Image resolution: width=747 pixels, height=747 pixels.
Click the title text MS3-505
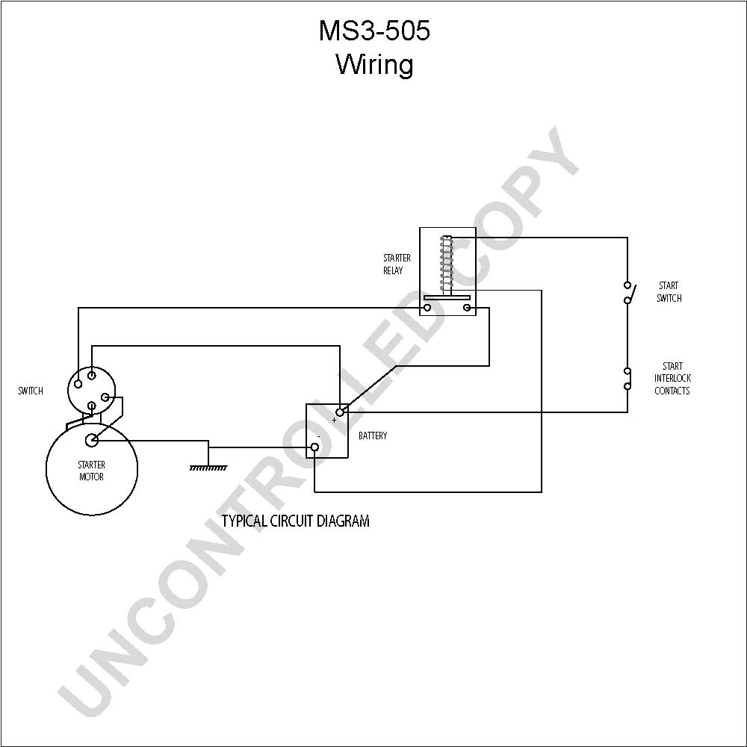coord(374,31)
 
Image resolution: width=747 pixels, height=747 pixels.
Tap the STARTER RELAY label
coord(397,264)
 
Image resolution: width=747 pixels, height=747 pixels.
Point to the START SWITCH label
coord(669,291)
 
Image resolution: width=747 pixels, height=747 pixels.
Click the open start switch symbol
coord(628,293)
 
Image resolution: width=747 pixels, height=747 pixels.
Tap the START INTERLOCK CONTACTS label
coord(672,378)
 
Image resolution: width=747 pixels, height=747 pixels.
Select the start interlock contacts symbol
coord(628,378)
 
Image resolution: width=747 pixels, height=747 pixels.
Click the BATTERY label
coord(373,436)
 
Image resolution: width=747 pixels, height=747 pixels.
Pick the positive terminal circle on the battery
coord(340,412)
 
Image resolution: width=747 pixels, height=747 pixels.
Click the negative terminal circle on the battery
coord(314,447)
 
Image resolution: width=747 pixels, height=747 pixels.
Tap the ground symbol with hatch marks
coord(208,468)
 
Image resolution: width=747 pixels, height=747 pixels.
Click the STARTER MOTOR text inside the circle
coord(91,471)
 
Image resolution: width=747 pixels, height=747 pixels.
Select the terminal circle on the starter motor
coord(91,440)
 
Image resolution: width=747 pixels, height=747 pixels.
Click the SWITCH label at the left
coord(31,391)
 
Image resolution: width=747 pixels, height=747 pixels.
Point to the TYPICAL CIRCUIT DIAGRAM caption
coord(295,521)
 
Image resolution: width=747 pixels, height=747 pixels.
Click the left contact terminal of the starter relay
coord(427,308)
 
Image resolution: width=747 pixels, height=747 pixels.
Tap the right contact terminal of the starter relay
coord(467,308)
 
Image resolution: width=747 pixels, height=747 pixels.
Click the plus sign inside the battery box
coord(335,420)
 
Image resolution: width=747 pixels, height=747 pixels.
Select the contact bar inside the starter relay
coord(447,297)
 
